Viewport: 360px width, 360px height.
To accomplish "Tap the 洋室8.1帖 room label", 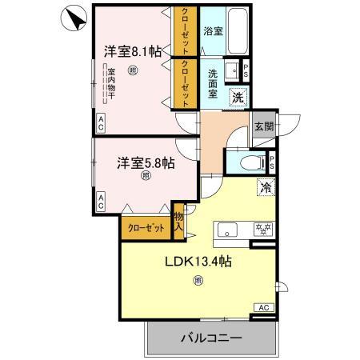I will (132, 51).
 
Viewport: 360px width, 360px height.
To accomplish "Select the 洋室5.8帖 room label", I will (146, 163).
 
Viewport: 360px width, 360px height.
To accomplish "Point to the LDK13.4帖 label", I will (198, 262).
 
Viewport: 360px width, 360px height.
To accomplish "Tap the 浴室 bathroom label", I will (213, 32).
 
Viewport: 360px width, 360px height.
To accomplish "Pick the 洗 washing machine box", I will (238, 97).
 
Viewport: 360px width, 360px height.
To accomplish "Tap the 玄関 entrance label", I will (264, 126).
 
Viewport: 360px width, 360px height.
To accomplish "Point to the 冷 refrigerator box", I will (264, 190).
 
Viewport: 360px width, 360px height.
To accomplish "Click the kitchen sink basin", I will (228, 229).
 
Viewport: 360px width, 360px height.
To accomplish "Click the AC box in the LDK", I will (264, 307).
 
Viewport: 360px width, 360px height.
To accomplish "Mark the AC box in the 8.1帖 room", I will (102, 122).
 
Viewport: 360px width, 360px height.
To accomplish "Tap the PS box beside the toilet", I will (272, 162).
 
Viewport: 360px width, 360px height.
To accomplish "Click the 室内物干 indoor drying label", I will (112, 87).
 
